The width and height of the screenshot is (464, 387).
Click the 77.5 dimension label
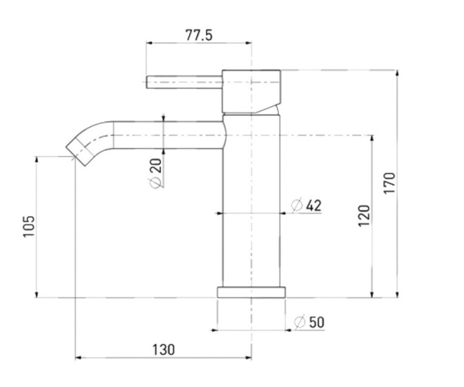(x=199, y=35)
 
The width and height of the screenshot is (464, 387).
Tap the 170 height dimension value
(x=389, y=183)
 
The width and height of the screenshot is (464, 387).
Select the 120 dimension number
(x=364, y=216)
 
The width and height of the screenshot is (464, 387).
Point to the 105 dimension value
(x=29, y=226)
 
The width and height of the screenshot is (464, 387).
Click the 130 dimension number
(x=164, y=349)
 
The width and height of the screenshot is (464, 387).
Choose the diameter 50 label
(x=309, y=322)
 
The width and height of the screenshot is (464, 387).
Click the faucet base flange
(x=251, y=292)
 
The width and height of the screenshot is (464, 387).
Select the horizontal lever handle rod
(x=184, y=82)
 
